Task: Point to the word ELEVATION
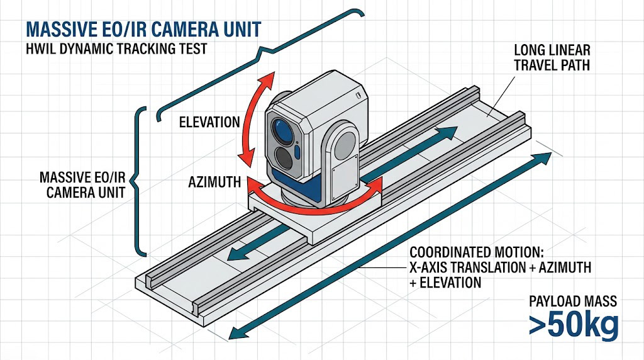click(x=209, y=121)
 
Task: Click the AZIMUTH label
click(x=214, y=183)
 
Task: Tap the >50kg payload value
click(x=573, y=325)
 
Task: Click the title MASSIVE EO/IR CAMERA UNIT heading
click(x=142, y=29)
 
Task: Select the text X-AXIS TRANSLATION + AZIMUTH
click(x=500, y=267)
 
